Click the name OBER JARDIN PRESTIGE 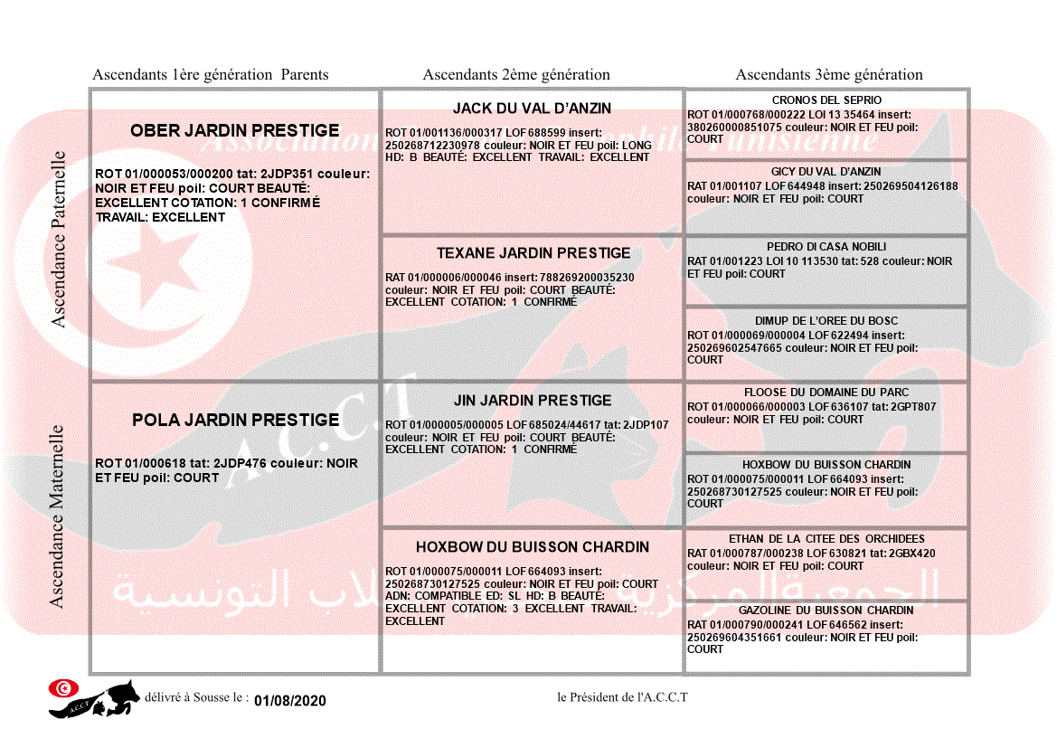tap(235, 131)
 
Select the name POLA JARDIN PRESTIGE tap(235, 421)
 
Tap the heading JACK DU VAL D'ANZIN tap(532, 109)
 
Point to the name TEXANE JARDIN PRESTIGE tap(533, 253)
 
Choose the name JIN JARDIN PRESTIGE tap(533, 401)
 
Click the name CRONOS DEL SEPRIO tap(826, 100)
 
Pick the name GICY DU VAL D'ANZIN tap(826, 172)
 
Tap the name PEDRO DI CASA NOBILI tap(826, 247)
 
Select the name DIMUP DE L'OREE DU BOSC tap(826, 321)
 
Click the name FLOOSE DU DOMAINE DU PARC tap(826, 393)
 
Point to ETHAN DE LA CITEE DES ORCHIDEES tap(826, 539)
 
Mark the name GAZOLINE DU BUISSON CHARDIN tap(826, 611)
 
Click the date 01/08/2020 tap(289, 701)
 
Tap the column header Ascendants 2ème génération tap(516, 75)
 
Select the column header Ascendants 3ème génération tap(829, 75)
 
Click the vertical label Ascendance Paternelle tap(59, 239)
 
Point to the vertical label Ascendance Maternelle tap(57, 516)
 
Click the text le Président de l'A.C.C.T tap(623, 696)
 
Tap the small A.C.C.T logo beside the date tap(94, 698)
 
